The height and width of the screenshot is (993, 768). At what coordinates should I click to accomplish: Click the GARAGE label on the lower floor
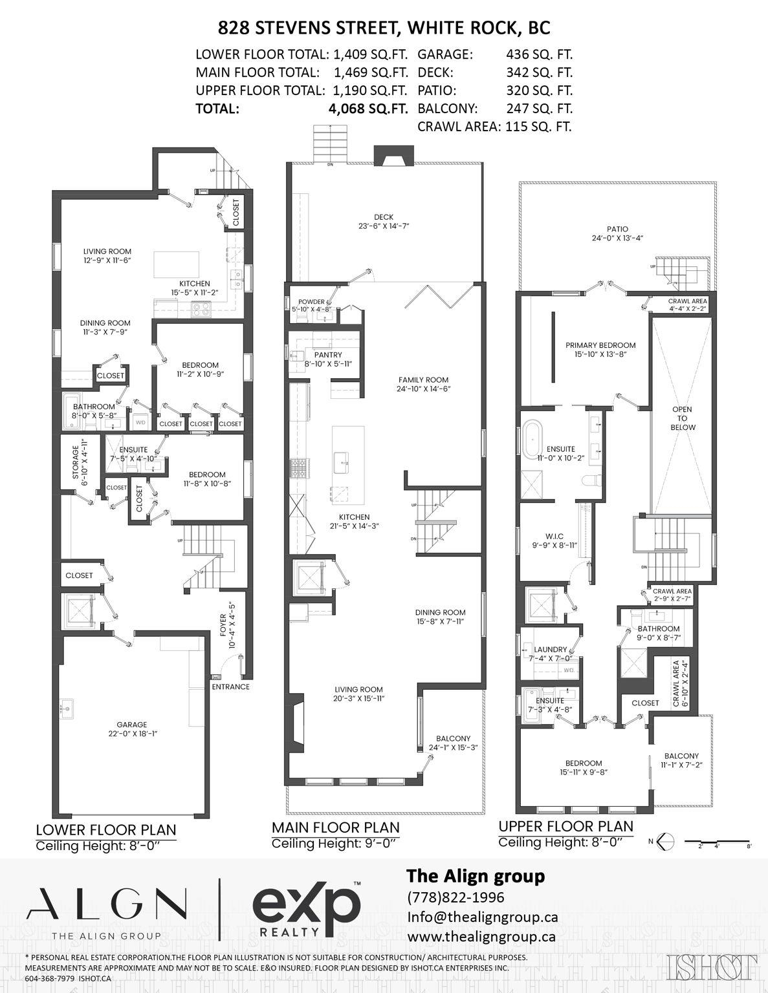pos(131,724)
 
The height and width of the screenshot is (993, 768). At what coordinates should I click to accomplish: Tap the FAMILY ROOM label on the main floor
pos(423,379)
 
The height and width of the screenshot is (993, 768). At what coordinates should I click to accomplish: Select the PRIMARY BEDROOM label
pos(600,345)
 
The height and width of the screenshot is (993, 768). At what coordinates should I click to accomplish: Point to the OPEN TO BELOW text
pos(683,418)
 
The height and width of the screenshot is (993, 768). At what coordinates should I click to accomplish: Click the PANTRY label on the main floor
pos(328,355)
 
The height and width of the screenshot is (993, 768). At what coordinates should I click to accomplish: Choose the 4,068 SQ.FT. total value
pos(368,109)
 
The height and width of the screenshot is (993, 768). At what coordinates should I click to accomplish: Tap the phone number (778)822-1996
pos(455,897)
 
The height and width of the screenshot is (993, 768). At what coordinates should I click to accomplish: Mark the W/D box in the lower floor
pos(140,422)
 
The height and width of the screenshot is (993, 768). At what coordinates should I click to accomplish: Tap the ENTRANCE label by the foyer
pos(231,687)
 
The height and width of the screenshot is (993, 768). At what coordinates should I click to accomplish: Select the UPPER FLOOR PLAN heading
pos(566,826)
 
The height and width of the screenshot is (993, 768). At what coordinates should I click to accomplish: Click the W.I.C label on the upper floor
pos(554,536)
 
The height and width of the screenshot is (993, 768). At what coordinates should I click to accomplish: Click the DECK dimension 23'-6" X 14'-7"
pos(384,226)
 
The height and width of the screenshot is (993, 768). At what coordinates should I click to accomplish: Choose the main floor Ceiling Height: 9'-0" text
pos(334,844)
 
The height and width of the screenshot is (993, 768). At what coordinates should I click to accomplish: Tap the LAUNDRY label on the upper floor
pos(551,649)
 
